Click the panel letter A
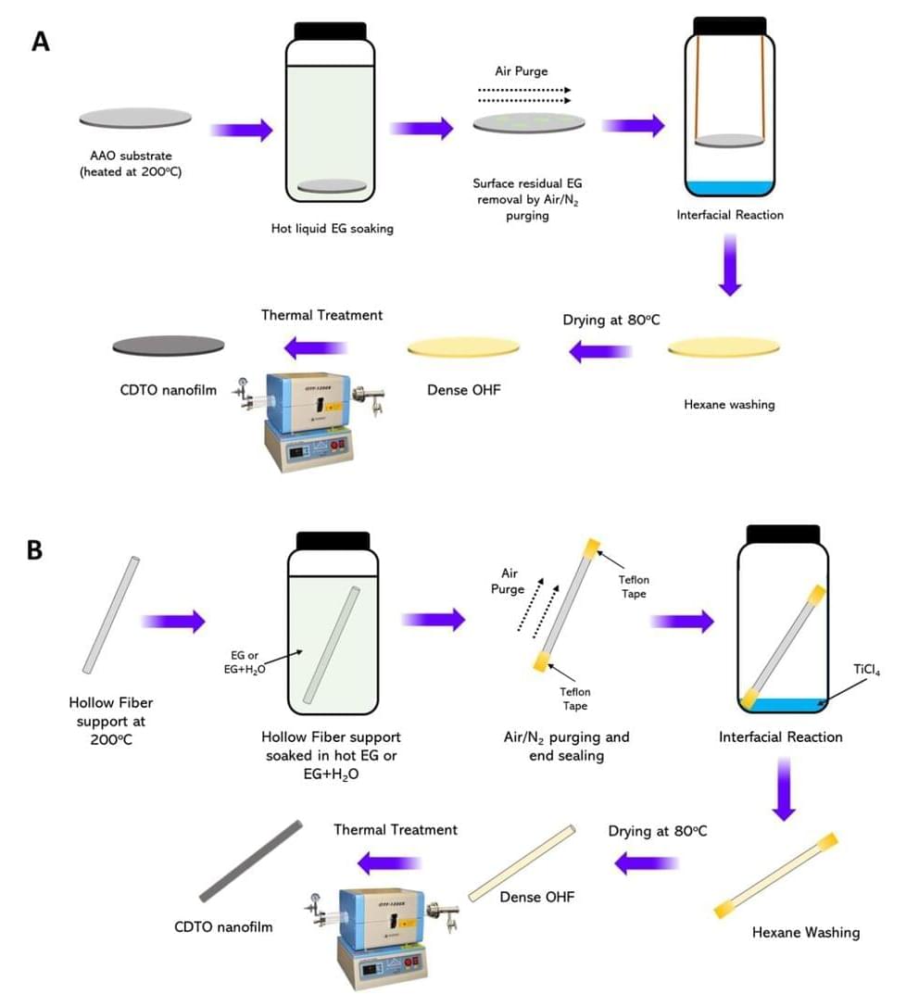(x=40, y=43)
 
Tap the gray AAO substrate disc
(x=135, y=118)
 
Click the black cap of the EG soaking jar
(x=332, y=30)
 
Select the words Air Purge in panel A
(x=522, y=70)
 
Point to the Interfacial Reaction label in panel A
(x=730, y=215)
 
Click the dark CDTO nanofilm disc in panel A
(x=168, y=346)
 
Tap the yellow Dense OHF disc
(x=464, y=347)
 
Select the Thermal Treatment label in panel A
(x=321, y=315)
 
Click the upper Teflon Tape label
(x=634, y=586)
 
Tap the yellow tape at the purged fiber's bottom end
(x=542, y=661)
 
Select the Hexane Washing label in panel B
(x=805, y=932)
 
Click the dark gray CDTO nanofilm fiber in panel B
(x=251, y=861)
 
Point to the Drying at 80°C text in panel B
(x=657, y=831)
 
